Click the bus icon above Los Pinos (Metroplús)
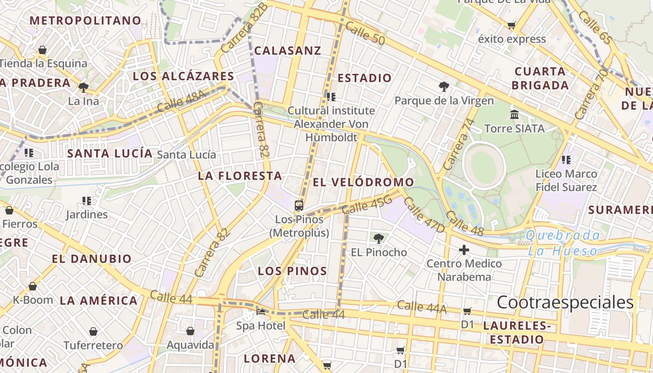(299, 205)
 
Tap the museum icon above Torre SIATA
(514, 114)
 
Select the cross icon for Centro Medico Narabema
(464, 250)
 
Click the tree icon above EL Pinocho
(379, 239)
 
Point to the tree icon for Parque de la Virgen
(444, 86)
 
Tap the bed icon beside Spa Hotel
(261, 311)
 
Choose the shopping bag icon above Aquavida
(190, 331)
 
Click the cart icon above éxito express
(512, 25)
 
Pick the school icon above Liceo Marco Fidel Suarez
(566, 160)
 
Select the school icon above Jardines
(86, 201)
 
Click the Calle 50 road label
(365, 35)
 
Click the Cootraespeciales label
(565, 302)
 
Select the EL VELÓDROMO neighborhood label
(363, 182)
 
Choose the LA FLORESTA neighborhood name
(240, 176)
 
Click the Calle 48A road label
(181, 101)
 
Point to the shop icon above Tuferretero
(93, 332)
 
